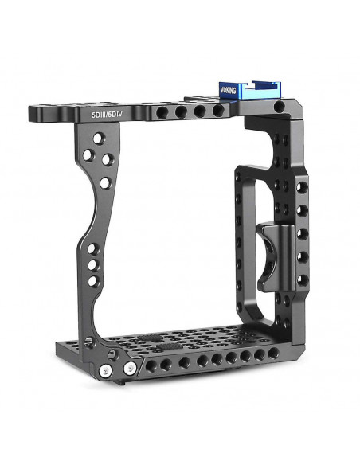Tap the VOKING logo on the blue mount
228,90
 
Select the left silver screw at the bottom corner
105,369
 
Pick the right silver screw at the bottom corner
130,369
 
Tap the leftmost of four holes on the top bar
162,113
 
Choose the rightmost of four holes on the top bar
218,110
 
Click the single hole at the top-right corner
279,106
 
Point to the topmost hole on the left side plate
97,139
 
